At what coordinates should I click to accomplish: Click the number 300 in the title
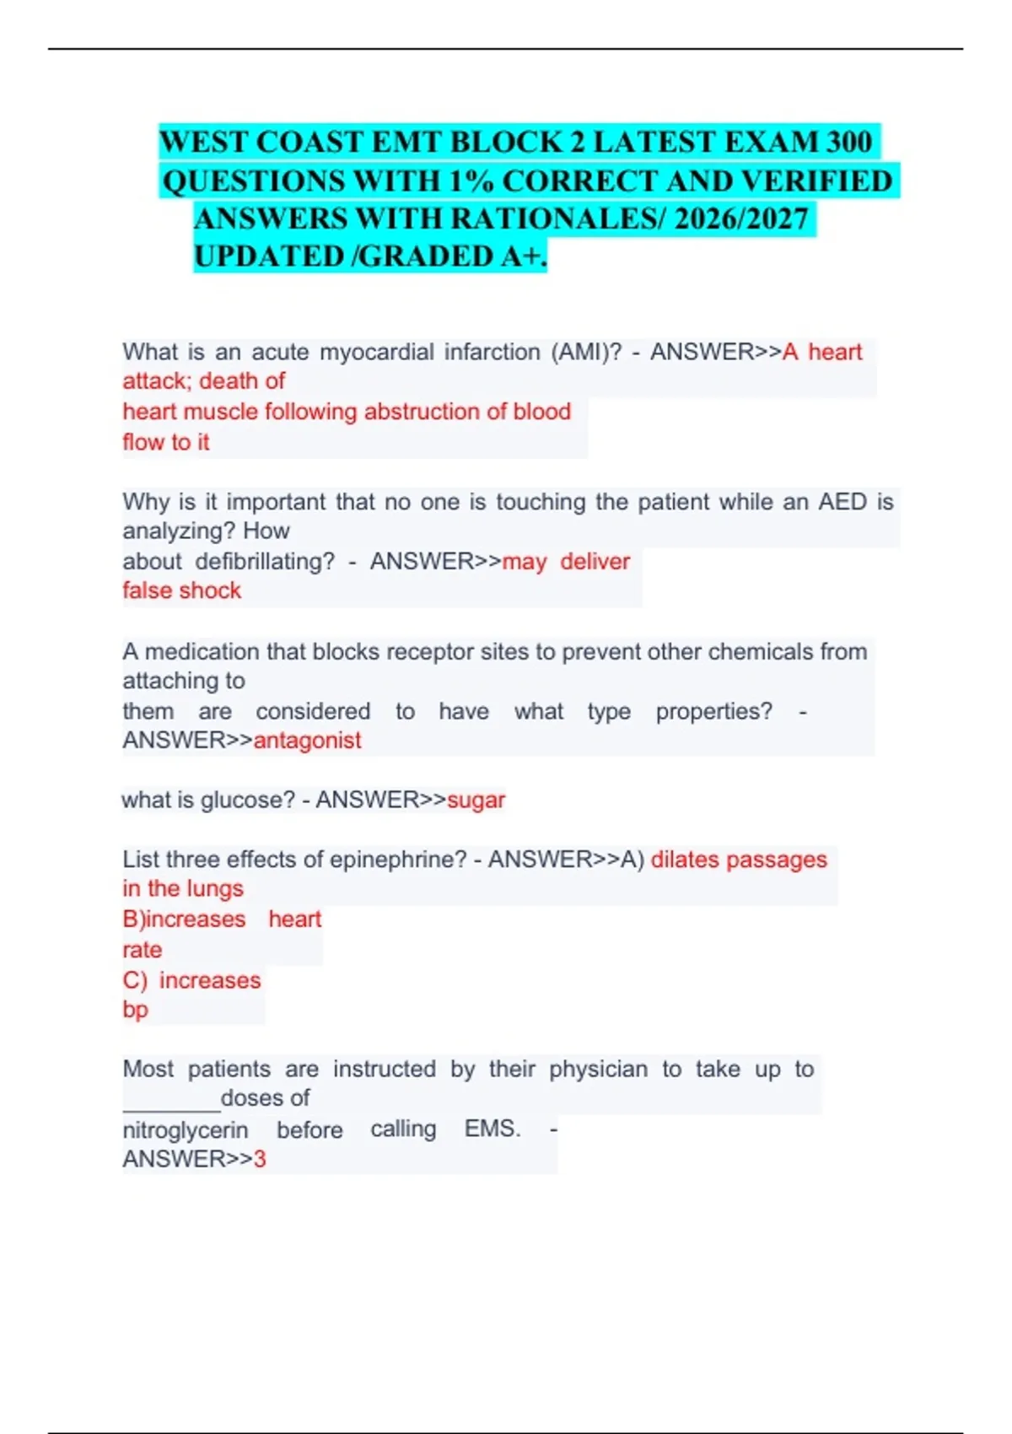(848, 142)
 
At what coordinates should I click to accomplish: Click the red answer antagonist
(307, 741)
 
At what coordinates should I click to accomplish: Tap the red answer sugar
(476, 800)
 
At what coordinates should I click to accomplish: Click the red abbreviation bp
(135, 1010)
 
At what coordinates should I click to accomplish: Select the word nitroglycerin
(186, 1130)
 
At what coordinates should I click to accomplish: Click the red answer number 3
(260, 1160)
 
